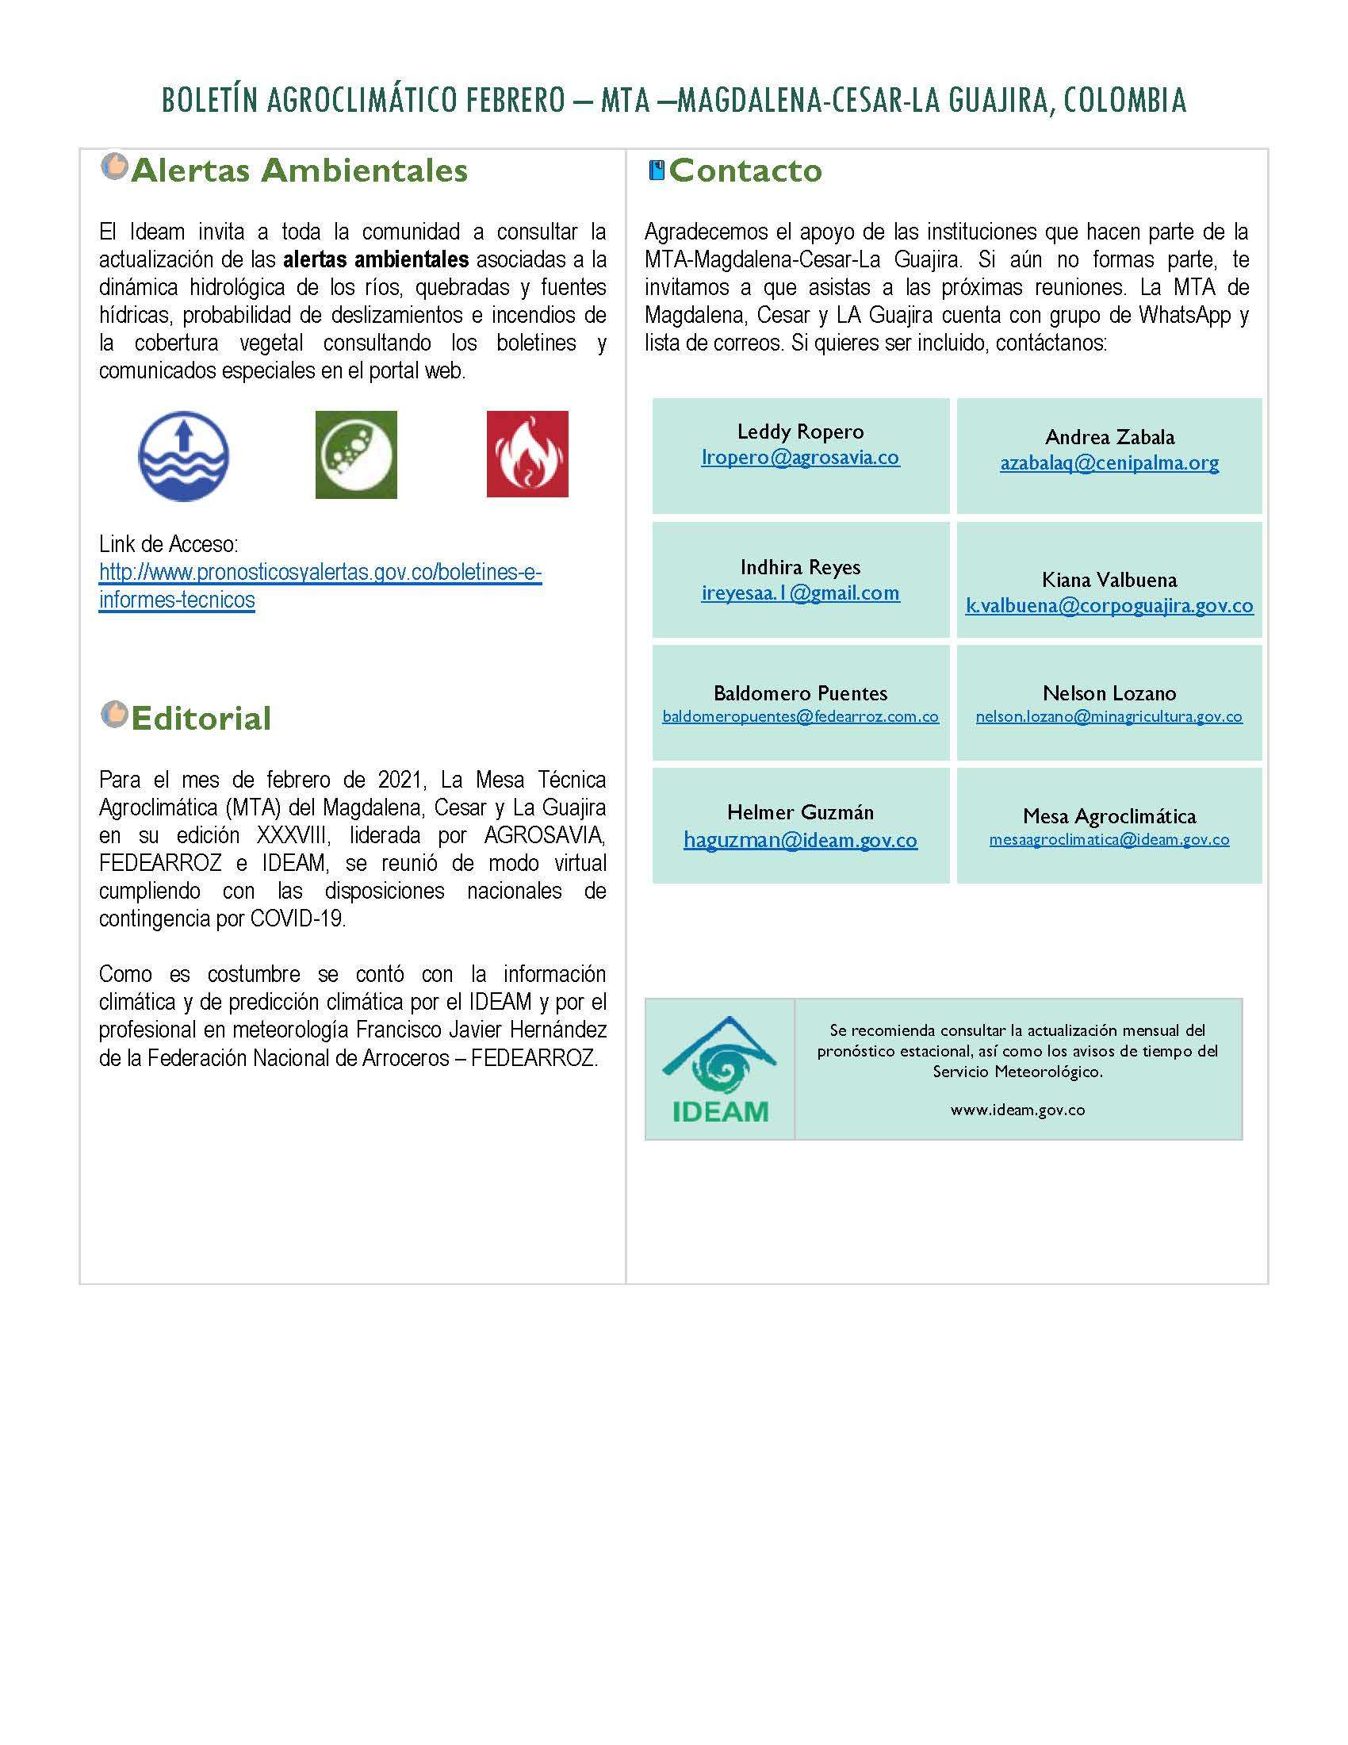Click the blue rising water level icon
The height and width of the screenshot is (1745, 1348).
tap(184, 456)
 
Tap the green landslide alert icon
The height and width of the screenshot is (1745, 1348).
tap(356, 454)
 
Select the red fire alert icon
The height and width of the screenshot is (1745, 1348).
tap(527, 454)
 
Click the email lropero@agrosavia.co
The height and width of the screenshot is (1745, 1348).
tap(800, 458)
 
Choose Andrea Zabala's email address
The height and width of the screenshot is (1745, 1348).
tap(1109, 462)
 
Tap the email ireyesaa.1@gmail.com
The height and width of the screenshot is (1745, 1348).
tap(800, 593)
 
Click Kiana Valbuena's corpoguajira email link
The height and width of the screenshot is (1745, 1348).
tap(1109, 606)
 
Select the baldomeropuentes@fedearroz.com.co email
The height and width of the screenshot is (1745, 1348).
tap(800, 717)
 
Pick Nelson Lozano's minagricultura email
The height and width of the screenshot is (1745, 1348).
tap(1109, 717)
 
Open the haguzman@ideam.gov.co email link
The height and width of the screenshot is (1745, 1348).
tap(800, 840)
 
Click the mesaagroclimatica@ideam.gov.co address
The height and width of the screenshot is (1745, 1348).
tap(1109, 840)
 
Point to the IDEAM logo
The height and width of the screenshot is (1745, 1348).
tap(719, 1069)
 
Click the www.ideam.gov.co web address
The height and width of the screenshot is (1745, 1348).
tap(1017, 1110)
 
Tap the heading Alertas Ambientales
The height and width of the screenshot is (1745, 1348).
tap(299, 171)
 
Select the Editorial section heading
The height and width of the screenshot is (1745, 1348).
tap(201, 719)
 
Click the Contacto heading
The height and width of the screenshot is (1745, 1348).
tap(745, 171)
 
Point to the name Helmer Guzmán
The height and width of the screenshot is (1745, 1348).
tap(800, 812)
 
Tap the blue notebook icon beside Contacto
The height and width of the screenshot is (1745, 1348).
tap(657, 171)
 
